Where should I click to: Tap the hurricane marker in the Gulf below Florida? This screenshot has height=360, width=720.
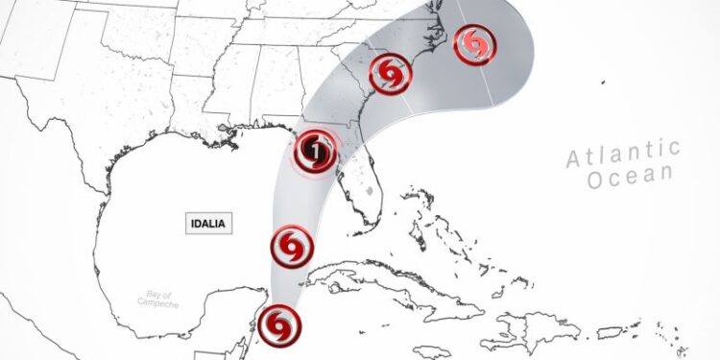pos(292,247)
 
